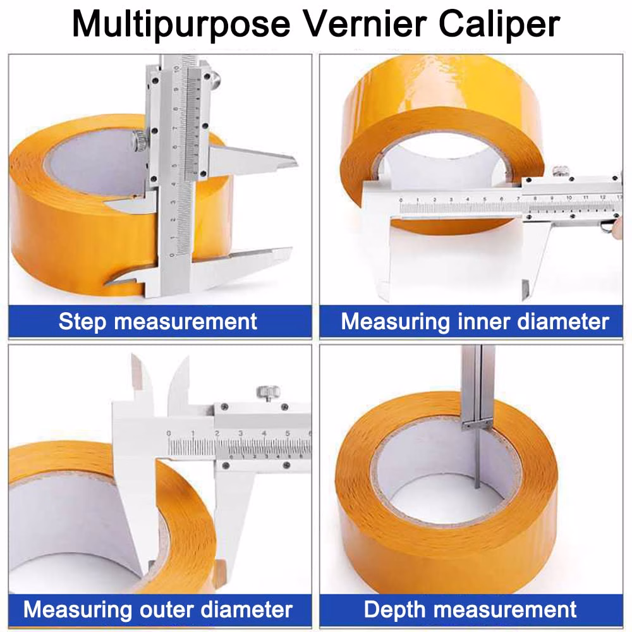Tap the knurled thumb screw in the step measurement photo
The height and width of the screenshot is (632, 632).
pos(139,140)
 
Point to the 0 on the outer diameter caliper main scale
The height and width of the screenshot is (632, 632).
pos(169,433)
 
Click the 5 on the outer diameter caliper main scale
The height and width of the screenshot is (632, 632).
pos(288,433)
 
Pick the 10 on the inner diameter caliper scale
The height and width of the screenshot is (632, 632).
pos(569,198)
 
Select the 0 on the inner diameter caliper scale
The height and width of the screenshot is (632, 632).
pos(401,201)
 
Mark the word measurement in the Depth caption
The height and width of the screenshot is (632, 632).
pos(506,610)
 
